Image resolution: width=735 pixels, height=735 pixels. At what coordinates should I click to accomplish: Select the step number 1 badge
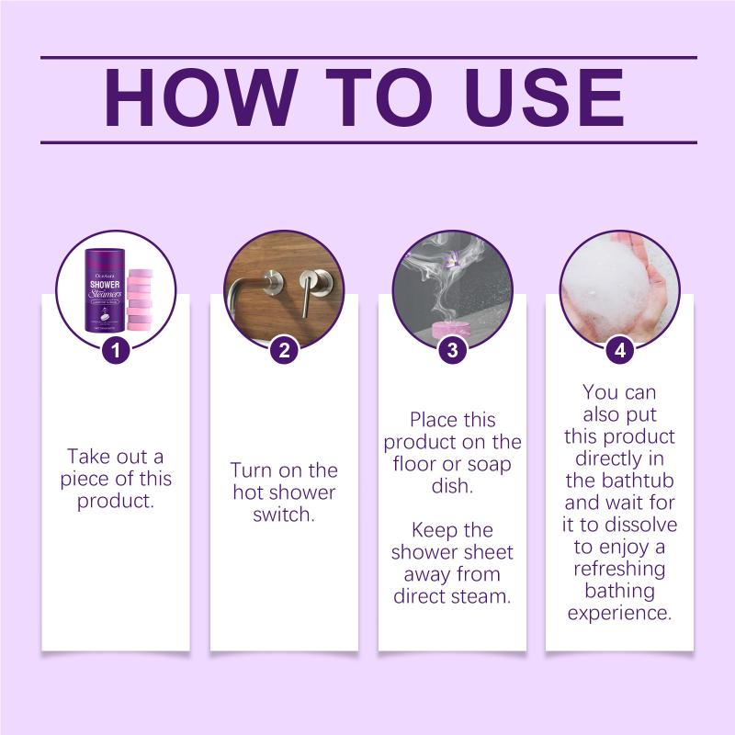pyautogui.click(x=116, y=350)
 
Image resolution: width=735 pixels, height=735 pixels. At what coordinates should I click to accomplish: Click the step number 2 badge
pyautogui.click(x=284, y=350)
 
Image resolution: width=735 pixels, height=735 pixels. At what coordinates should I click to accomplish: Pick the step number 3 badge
pyautogui.click(x=452, y=350)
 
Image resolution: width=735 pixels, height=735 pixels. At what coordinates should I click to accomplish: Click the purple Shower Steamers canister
pyautogui.click(x=105, y=290)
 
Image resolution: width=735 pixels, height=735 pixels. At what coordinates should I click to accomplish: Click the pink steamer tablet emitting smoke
pyautogui.click(x=450, y=331)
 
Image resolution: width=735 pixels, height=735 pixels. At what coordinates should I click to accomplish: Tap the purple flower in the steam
pyautogui.click(x=451, y=259)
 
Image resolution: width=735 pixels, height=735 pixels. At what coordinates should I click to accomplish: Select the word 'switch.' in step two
pyautogui.click(x=284, y=514)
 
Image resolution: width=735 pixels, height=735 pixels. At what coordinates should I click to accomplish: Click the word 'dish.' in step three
pyautogui.click(x=452, y=486)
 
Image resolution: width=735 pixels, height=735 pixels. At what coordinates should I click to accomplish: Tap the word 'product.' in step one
pyautogui.click(x=116, y=502)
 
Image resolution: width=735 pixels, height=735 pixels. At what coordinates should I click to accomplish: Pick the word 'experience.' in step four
pyautogui.click(x=619, y=613)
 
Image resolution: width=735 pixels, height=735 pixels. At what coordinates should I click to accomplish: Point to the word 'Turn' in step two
pyautogui.click(x=250, y=470)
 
